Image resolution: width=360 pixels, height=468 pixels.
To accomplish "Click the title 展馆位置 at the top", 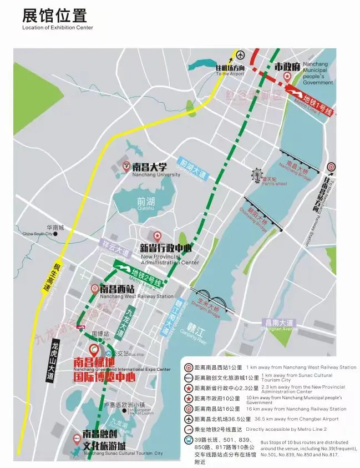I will click(54, 15).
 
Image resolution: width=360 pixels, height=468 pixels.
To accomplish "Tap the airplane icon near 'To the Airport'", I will click(240, 55).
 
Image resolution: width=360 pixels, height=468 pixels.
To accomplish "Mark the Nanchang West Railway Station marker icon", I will click(95, 289).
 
